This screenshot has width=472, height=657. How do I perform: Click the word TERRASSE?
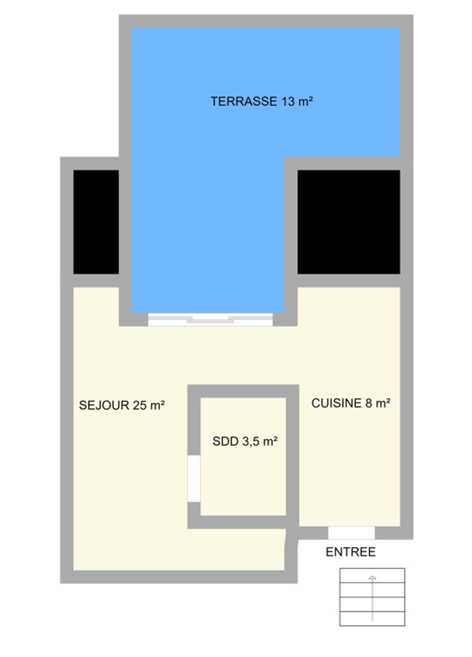[244, 101]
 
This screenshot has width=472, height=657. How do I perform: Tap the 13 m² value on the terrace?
[297, 101]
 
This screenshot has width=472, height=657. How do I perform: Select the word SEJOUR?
[104, 405]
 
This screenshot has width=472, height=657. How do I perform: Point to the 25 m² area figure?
[149, 405]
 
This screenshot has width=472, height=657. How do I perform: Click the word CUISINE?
[336, 403]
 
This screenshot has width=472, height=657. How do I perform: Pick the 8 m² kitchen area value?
[378, 403]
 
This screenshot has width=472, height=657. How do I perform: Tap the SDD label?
[225, 442]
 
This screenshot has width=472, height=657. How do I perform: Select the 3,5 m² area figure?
[260, 442]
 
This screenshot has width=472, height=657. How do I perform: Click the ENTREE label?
[351, 552]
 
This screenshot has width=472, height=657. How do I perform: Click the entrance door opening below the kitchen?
[351, 533]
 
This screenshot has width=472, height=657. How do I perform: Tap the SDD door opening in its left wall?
[194, 479]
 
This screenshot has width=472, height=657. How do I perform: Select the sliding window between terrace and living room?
[210, 319]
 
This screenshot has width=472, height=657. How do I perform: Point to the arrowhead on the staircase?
[372, 578]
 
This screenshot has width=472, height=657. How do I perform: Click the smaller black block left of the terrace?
[96, 222]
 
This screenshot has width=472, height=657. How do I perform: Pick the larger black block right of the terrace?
[349, 222]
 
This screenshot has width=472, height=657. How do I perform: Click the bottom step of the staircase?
[372, 619]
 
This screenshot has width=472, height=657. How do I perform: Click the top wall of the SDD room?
[243, 391]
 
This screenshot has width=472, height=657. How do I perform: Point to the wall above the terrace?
[266, 21]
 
